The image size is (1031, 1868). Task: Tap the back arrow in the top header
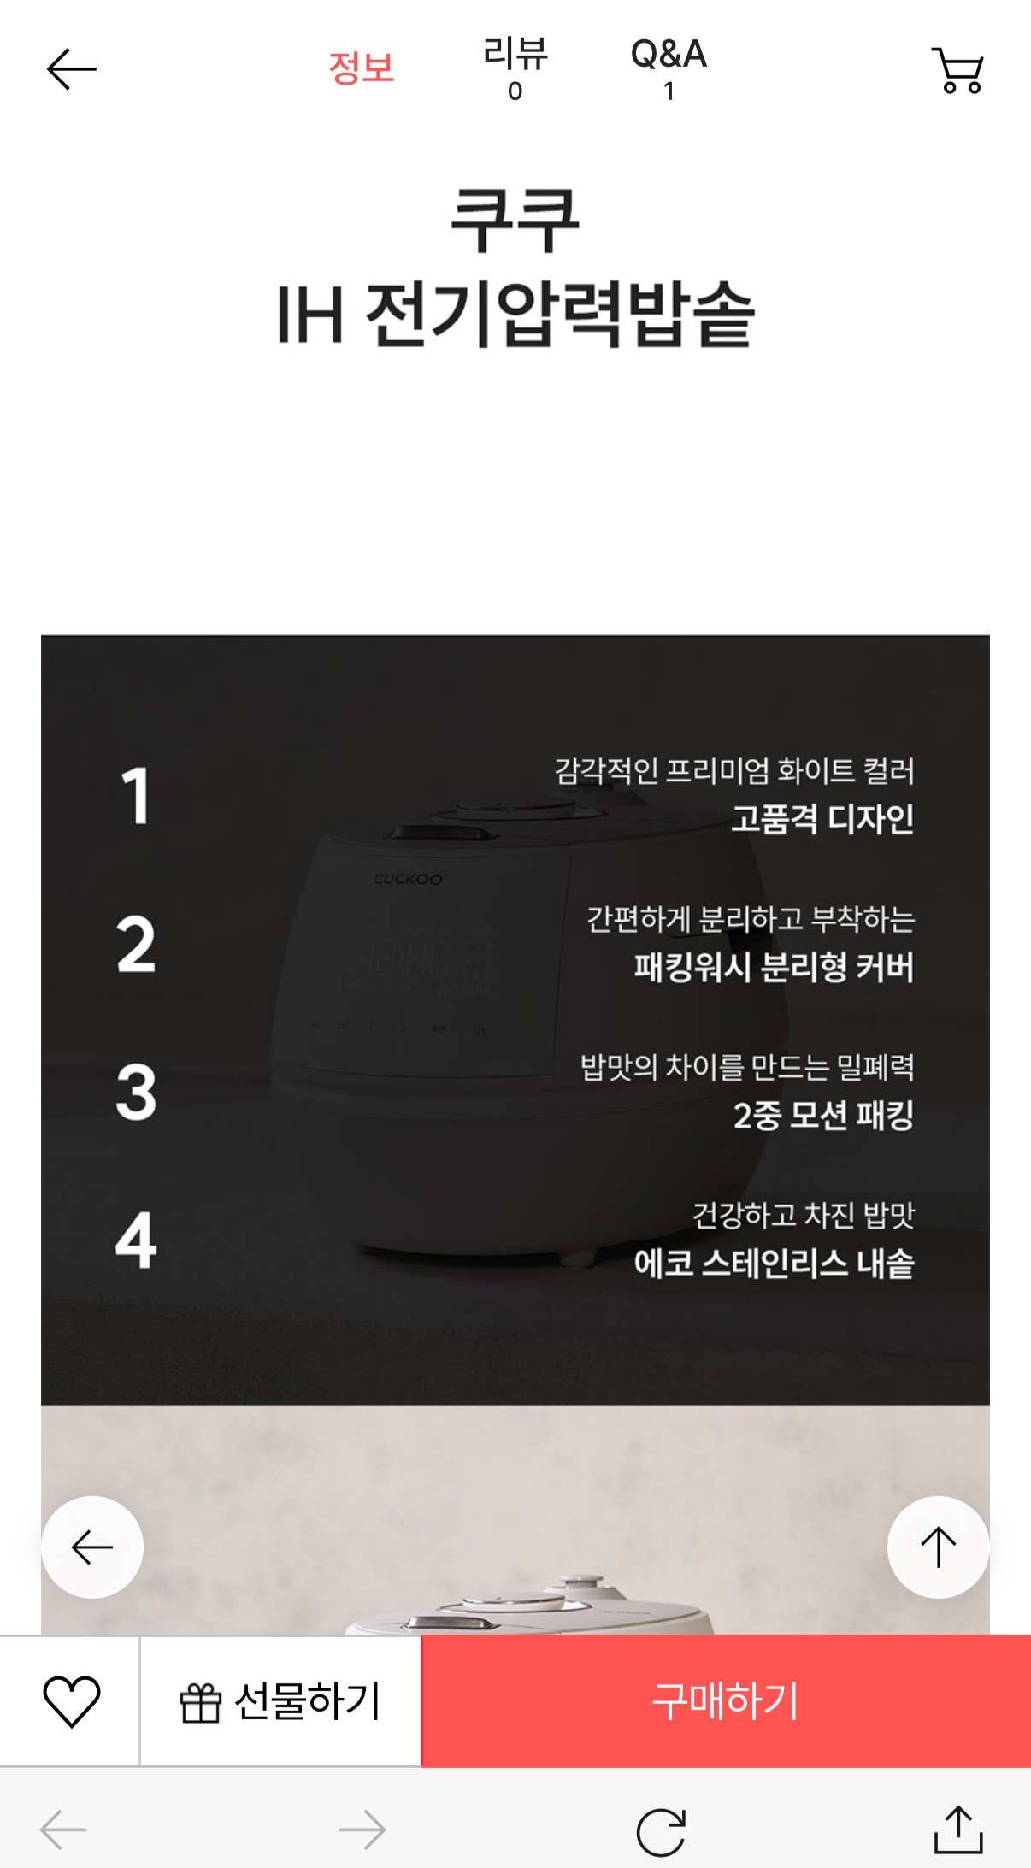(x=72, y=69)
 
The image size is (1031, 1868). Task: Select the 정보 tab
(x=362, y=68)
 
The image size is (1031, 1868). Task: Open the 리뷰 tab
(x=515, y=68)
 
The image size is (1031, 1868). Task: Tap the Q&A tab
(x=669, y=68)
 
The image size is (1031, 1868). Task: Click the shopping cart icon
(x=958, y=70)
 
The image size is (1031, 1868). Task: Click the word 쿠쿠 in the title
(x=515, y=220)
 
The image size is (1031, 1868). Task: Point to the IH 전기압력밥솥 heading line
(x=515, y=315)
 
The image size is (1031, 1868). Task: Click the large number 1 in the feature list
(x=136, y=796)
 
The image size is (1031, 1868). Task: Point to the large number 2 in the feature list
(x=137, y=944)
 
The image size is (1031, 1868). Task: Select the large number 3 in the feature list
(x=137, y=1092)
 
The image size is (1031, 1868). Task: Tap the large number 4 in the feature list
(x=137, y=1240)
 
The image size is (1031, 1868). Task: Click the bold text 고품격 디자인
(x=822, y=819)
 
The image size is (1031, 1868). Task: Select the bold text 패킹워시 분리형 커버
(x=775, y=967)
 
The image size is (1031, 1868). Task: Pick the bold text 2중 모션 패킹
(x=824, y=1115)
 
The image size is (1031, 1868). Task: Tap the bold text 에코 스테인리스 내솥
(x=775, y=1263)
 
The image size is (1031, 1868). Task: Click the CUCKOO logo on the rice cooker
(x=408, y=879)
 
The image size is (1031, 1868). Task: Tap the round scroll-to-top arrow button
(x=938, y=1547)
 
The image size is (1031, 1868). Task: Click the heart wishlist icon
(x=72, y=1701)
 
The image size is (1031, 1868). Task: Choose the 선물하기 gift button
(x=280, y=1701)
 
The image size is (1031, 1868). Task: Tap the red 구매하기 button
(x=726, y=1701)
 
